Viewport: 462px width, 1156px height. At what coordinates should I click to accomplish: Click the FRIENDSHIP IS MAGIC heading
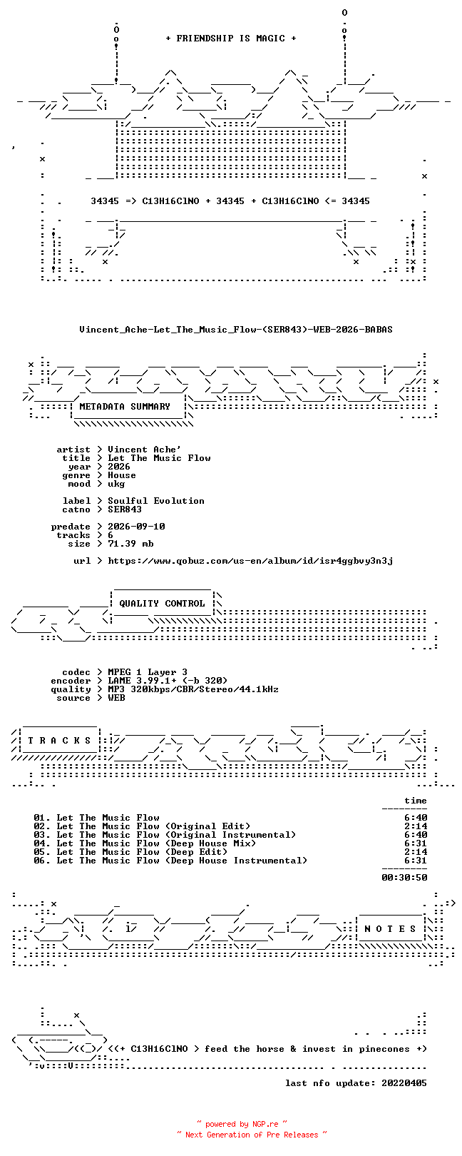230,39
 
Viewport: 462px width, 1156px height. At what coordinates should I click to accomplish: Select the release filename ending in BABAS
236,329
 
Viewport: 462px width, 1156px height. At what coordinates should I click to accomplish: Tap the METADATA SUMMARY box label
124,407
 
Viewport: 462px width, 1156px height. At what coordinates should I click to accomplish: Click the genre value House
122,475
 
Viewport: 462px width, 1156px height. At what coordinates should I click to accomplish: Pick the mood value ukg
116,484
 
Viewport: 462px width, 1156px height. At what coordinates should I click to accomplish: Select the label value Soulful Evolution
155,501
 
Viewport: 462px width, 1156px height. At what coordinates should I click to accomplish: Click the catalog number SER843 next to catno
124,509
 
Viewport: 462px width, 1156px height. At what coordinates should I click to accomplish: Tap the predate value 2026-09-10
136,527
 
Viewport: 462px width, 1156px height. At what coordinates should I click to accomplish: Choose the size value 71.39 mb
130,544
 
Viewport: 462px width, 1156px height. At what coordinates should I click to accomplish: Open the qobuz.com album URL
250,561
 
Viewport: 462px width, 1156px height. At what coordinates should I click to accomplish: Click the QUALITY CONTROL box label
162,604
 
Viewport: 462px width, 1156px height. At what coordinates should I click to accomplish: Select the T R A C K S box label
59,741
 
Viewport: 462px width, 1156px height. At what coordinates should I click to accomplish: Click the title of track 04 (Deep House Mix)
156,843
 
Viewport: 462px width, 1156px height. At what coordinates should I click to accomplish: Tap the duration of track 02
416,826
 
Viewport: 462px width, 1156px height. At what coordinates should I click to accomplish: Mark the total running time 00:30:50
404,877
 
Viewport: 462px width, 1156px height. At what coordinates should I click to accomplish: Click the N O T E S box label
390,929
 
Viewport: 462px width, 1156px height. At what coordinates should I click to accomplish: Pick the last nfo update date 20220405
404,1083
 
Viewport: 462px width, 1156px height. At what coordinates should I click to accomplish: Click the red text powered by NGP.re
242,1124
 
